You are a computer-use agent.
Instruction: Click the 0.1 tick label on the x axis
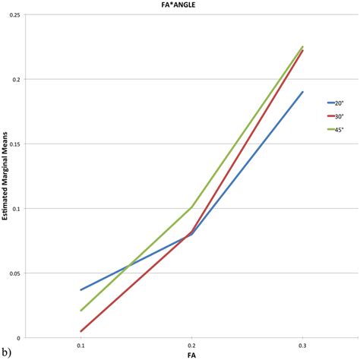[81, 345]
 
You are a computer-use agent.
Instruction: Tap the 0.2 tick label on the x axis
[191, 345]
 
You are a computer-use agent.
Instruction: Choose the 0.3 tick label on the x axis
[302, 345]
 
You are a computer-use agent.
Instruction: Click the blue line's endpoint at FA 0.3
[302, 92]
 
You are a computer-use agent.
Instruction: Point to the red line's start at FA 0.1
[81, 331]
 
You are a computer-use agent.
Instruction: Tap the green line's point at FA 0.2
[191, 207]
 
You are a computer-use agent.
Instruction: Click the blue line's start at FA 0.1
[81, 289]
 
